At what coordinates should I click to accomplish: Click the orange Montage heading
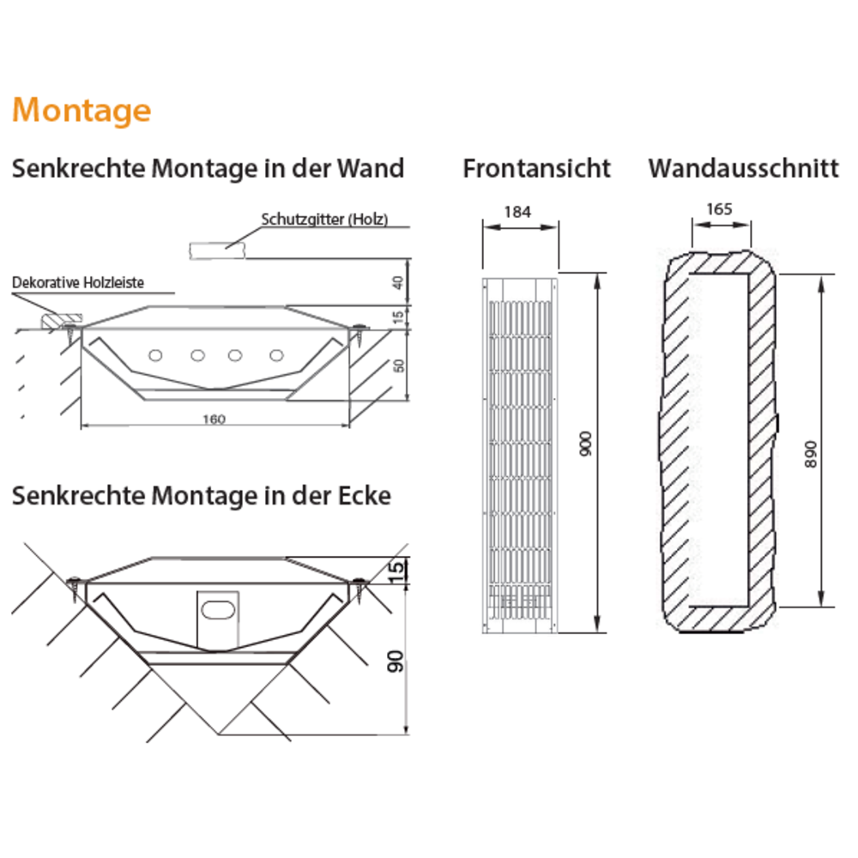[82, 111]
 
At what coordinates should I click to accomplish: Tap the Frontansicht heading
[536, 168]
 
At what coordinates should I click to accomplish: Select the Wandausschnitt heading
[743, 168]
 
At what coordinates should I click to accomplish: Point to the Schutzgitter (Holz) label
[324, 220]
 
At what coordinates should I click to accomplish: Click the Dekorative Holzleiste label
[78, 282]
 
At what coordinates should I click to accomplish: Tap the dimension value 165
[720, 208]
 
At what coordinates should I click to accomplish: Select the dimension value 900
[587, 444]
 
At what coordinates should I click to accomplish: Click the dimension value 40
[396, 281]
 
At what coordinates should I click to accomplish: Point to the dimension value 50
[397, 366]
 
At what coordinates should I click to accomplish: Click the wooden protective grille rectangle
[218, 249]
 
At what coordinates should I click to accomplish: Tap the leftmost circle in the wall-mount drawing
[156, 354]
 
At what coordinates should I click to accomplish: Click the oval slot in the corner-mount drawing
[218, 610]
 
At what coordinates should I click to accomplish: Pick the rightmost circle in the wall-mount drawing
[275, 354]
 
